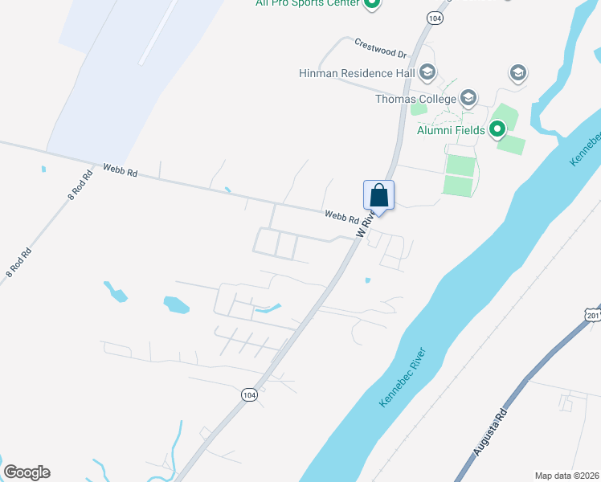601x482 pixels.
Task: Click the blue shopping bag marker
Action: click(379, 195)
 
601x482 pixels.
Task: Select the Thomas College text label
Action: click(415, 100)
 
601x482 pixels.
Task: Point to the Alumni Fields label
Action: click(451, 129)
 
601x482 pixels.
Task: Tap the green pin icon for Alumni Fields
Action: click(497, 129)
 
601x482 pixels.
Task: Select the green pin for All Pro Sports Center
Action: click(372, 4)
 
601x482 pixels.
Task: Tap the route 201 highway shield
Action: click(593, 316)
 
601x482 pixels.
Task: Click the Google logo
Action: click(27, 472)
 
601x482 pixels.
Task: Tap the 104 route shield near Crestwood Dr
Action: click(435, 18)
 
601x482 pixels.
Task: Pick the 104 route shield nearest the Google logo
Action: click(250, 394)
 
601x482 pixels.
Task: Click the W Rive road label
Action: click(366, 221)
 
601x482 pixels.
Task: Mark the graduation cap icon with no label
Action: click(518, 74)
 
